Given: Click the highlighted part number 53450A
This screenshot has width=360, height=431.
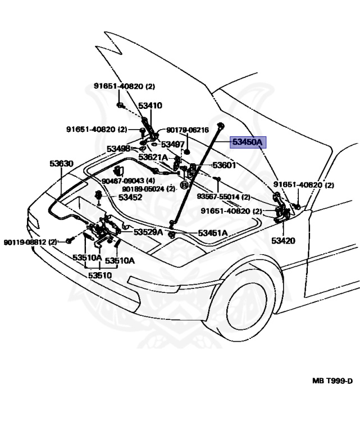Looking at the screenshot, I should tap(248, 143).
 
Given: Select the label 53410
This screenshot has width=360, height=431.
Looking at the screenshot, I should tap(150, 106).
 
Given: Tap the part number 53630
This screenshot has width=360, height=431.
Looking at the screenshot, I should tap(61, 163).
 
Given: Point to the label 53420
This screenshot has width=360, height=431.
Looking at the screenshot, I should tap(283, 241).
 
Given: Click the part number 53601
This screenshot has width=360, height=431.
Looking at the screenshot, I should tap(224, 166).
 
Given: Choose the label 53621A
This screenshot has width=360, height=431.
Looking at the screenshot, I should tap(153, 158).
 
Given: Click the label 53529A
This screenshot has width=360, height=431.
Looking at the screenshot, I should tap(148, 232).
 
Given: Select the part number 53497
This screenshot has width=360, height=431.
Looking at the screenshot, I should tap(173, 144).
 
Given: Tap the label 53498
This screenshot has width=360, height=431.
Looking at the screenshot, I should tap(119, 149).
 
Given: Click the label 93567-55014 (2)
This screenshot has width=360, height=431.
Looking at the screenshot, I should tap(225, 197).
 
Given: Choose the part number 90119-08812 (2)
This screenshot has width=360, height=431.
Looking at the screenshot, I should tap(31, 242).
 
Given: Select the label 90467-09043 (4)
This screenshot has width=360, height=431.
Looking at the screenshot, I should tap(129, 181).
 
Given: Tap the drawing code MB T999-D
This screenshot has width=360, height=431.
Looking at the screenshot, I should tap(332, 381).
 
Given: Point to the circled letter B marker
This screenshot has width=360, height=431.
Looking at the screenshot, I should tap(184, 185).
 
